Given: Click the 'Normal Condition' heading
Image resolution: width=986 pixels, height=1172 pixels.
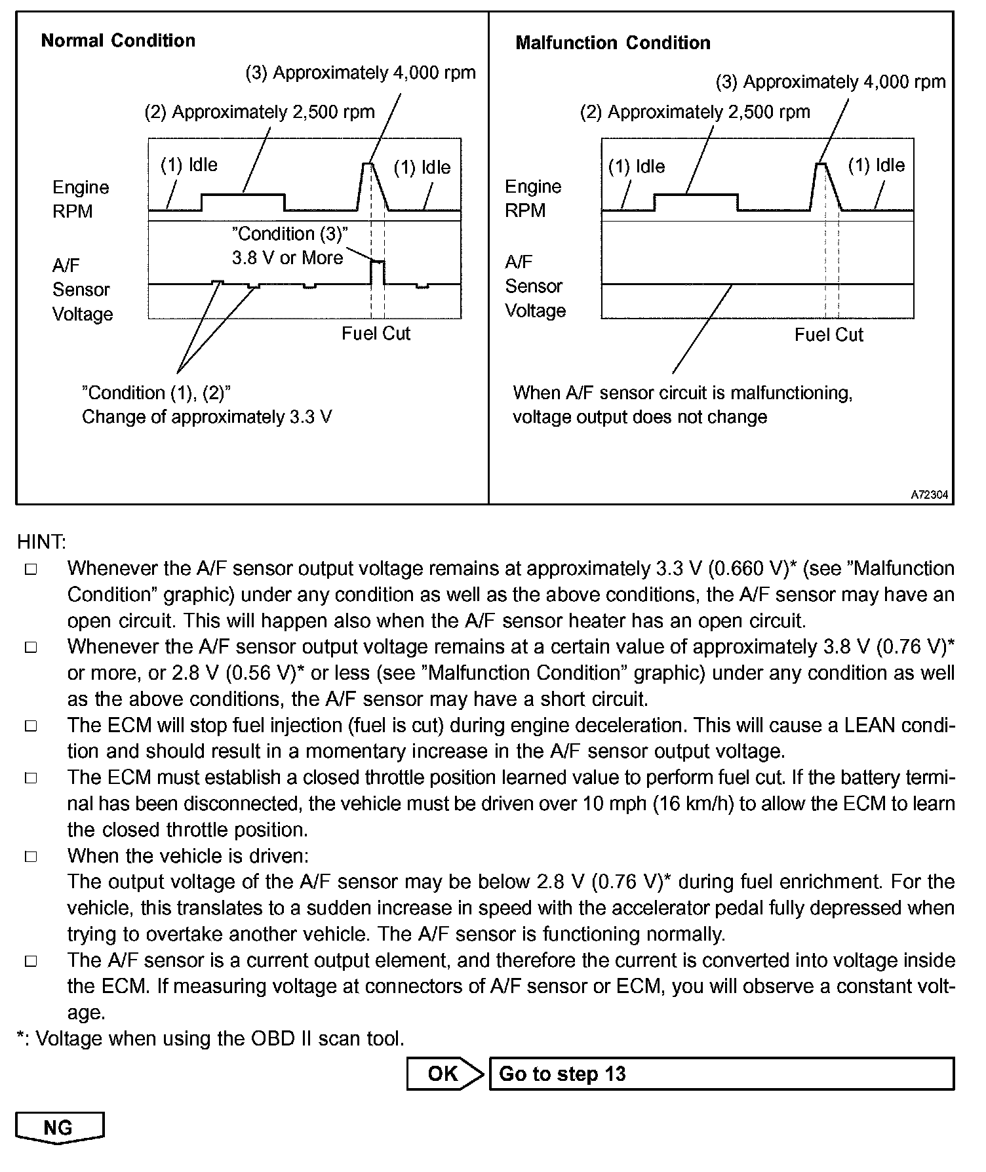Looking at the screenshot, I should point(118,41).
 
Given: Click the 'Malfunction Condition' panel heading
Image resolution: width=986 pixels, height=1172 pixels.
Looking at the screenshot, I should point(613,43).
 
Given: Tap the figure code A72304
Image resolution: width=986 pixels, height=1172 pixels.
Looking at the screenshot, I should point(929,495).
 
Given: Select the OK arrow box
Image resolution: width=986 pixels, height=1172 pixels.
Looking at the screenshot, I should point(444,1074).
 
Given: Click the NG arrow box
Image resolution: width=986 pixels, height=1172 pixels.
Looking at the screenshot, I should point(59,1127).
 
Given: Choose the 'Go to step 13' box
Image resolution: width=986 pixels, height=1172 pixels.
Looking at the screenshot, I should point(721,1074).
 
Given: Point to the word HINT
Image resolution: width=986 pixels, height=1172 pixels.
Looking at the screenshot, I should point(41,542).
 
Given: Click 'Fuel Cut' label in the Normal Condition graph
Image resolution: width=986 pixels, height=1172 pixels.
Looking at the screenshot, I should point(376,334).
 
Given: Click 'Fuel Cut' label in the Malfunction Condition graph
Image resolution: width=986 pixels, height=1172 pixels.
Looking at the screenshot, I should point(829,335).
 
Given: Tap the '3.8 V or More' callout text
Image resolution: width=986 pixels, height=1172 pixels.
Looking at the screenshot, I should point(287,258).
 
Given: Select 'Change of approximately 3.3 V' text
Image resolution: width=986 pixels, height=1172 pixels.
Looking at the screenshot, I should point(207,417).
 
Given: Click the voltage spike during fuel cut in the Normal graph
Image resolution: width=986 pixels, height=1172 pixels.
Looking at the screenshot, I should point(378,262).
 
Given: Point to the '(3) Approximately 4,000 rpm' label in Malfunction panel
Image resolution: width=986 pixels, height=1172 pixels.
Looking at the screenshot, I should point(830,82).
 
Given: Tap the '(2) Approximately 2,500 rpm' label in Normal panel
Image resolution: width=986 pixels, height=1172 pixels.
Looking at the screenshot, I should point(260,112).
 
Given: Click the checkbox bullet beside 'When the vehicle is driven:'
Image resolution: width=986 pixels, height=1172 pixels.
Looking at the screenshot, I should point(31,857).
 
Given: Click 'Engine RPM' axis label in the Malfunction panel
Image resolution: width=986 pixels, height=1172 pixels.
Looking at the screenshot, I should point(533,199).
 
